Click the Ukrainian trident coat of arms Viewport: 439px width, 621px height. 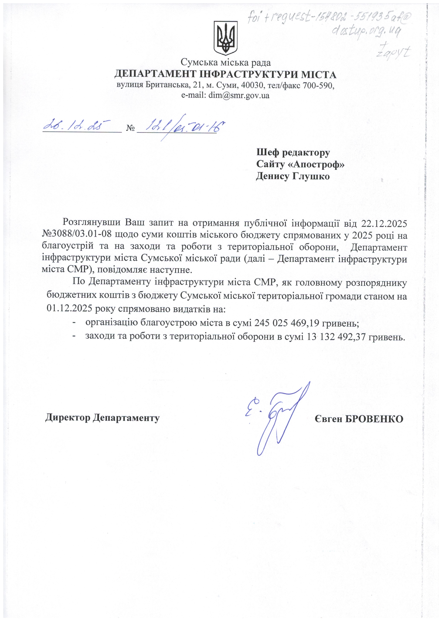(225, 38)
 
